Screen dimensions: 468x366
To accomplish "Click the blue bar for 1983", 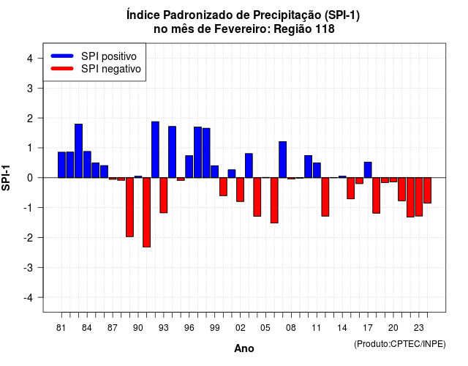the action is tap(78, 151).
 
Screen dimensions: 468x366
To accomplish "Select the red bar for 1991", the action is tap(146, 212).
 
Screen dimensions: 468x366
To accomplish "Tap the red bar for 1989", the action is tap(129, 207).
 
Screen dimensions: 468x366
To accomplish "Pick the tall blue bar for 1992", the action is tap(155, 149).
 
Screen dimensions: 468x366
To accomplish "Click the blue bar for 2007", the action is tap(283, 160).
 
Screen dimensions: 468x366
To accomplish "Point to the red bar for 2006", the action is tap(274, 200).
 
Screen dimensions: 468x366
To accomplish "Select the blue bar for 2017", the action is tap(368, 170).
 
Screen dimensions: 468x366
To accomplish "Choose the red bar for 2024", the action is tap(427, 190).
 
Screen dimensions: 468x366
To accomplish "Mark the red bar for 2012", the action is tap(325, 197).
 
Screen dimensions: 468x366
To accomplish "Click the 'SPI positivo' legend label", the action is tap(109, 56).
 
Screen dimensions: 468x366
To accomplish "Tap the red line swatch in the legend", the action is tap(62, 69).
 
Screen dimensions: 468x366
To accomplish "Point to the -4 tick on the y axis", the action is tap(39, 297).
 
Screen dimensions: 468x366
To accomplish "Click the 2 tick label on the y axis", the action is tap(30, 119).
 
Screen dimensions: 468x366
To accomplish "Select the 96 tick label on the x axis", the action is tap(189, 328).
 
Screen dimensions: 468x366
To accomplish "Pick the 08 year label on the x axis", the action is tap(291, 328).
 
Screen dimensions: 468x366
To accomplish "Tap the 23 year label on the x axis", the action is tap(418, 328).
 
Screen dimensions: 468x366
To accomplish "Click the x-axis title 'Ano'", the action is tap(244, 348).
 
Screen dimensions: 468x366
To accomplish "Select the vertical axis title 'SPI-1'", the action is tap(6, 178).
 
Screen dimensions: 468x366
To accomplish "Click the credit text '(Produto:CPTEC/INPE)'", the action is tap(400, 344).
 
